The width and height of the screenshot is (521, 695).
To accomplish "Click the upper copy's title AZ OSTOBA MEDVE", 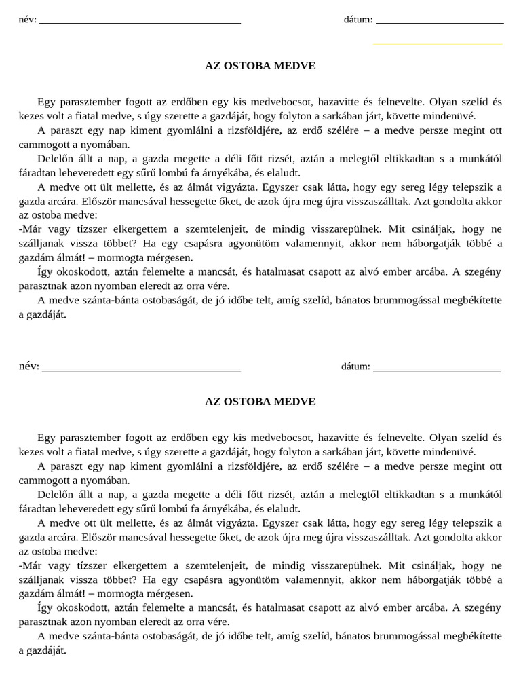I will pos(260,66).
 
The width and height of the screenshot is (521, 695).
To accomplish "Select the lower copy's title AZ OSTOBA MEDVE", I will pos(260,401).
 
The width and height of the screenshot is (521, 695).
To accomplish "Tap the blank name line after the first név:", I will pos(140,22).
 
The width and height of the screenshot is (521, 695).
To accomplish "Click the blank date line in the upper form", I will pos(440,22).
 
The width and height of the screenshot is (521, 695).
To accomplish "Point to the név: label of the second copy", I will pos(29,367).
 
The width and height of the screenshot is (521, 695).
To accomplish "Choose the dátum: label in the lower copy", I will pos(355,367).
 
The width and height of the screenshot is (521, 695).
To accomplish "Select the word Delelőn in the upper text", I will pos(55,158).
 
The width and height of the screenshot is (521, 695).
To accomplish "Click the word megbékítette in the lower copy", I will pos(473,636).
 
